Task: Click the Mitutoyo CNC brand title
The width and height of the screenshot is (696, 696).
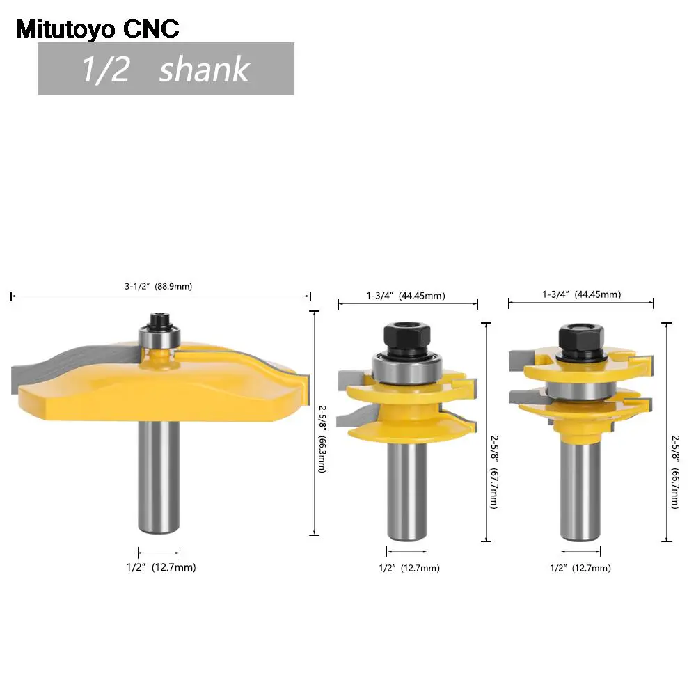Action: click(x=97, y=29)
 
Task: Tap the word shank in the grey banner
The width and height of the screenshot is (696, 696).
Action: click(x=205, y=69)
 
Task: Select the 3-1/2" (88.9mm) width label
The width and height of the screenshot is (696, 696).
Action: click(x=159, y=286)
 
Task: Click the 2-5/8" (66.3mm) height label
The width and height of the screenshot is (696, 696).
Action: click(x=322, y=439)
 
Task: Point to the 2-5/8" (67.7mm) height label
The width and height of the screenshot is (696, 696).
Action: click(x=494, y=471)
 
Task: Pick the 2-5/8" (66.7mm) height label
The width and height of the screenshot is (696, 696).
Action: click(x=675, y=472)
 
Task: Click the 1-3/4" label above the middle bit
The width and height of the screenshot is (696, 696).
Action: click(x=379, y=296)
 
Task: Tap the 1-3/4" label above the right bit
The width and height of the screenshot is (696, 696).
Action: click(x=555, y=294)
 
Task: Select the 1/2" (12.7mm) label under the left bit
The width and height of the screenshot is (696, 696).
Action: click(x=161, y=567)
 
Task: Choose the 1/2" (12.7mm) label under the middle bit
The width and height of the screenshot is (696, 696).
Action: click(x=409, y=568)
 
